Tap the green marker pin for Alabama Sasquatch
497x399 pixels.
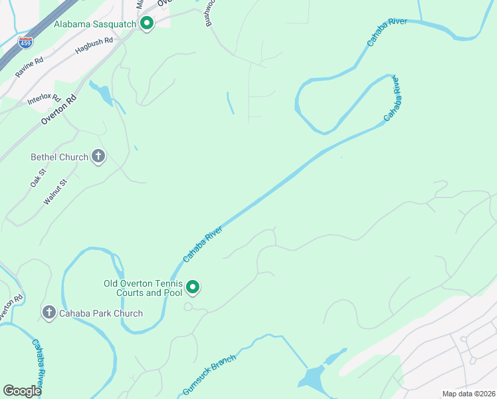(x=147, y=24)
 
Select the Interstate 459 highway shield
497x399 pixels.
(x=25, y=43)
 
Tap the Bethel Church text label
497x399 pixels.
(x=60, y=158)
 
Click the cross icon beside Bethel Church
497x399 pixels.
(x=98, y=157)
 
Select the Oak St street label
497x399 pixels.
(x=37, y=178)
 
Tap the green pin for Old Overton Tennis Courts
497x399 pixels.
(x=193, y=287)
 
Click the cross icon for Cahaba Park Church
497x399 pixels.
(x=48, y=312)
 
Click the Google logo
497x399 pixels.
(x=22, y=390)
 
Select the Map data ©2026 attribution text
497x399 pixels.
(x=468, y=394)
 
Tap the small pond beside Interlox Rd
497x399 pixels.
(x=104, y=94)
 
